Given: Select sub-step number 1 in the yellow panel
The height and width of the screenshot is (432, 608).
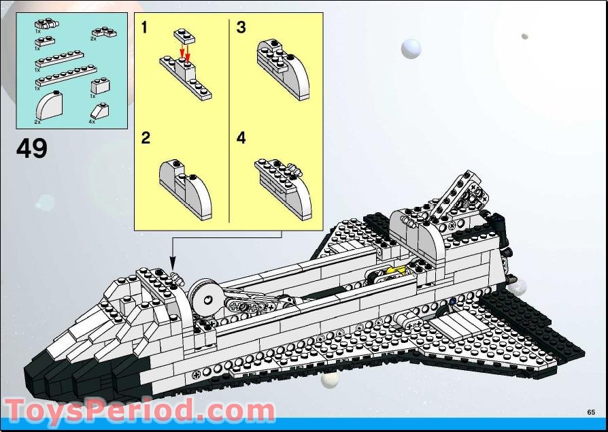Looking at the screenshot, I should pyautogui.click(x=144, y=28).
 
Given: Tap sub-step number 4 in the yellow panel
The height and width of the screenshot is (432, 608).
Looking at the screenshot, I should pyautogui.click(x=241, y=138).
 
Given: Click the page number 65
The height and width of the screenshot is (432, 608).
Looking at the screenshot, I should pyautogui.click(x=591, y=412).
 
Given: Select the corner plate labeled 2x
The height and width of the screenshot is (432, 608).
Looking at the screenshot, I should pyautogui.click(x=104, y=31).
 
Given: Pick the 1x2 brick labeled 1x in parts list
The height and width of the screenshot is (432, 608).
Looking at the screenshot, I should pyautogui.click(x=100, y=86).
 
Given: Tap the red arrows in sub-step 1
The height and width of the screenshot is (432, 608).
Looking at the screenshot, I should pyautogui.click(x=185, y=54).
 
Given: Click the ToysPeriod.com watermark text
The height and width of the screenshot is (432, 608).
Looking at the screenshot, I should pyautogui.click(x=139, y=412).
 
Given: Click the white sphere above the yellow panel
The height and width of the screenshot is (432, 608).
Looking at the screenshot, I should pyautogui.click(x=411, y=48).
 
